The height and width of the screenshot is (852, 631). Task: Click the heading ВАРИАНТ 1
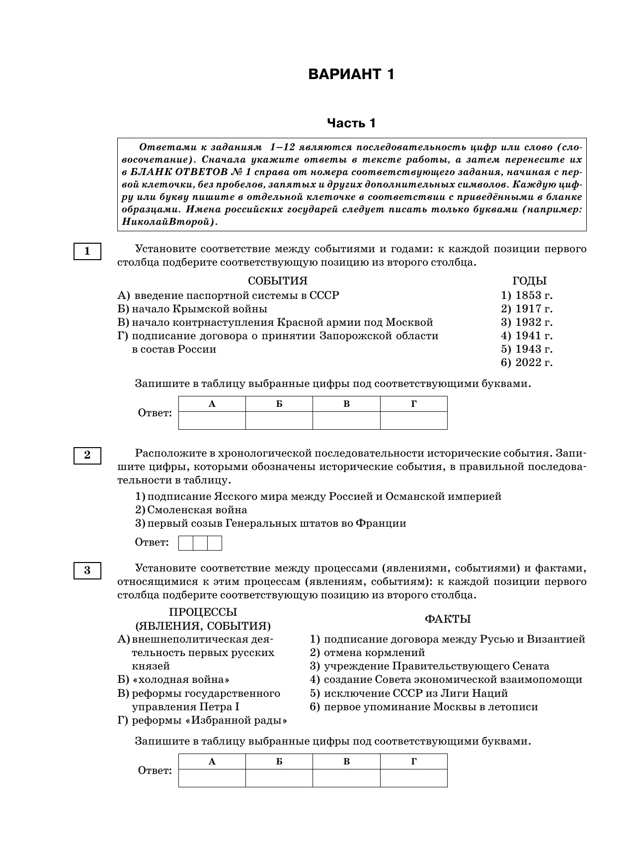351,75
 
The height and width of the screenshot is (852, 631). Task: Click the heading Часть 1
351,123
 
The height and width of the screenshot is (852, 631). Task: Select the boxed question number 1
87,251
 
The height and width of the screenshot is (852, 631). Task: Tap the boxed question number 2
87,456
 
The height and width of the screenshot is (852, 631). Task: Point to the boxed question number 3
87,570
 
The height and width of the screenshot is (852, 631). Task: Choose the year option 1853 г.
527,295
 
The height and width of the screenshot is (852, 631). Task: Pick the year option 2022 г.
527,363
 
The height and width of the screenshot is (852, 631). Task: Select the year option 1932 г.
527,322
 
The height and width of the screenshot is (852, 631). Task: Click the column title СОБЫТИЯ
278,281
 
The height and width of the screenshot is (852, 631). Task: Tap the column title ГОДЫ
529,281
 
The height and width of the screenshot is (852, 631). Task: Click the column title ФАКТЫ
448,619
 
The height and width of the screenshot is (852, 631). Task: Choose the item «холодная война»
173,680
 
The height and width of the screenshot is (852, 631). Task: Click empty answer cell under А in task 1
212,420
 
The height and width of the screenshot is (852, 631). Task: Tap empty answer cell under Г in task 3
413,778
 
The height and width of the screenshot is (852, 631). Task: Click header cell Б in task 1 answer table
279,404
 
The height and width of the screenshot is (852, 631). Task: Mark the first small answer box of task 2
186,543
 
